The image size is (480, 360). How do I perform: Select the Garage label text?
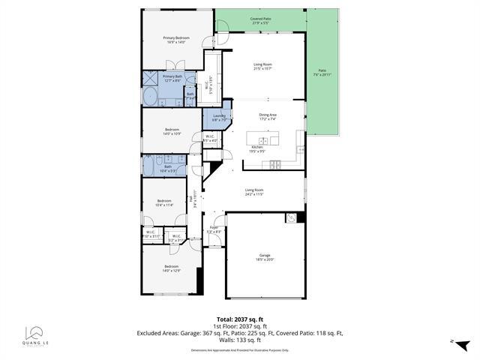click(265, 256)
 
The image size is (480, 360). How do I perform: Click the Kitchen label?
click(258, 148)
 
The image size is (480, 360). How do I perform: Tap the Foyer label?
click(214, 229)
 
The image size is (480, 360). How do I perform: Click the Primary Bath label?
click(172, 78)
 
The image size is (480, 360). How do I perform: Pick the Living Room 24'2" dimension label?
click(254, 192)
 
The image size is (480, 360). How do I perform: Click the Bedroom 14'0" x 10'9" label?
click(172, 131)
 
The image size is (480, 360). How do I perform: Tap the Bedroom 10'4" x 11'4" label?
click(164, 202)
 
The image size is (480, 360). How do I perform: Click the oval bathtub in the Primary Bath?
click(149, 97)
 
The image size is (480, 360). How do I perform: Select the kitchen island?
click(264, 139)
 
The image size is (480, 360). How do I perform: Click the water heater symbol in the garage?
click(292, 218)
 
